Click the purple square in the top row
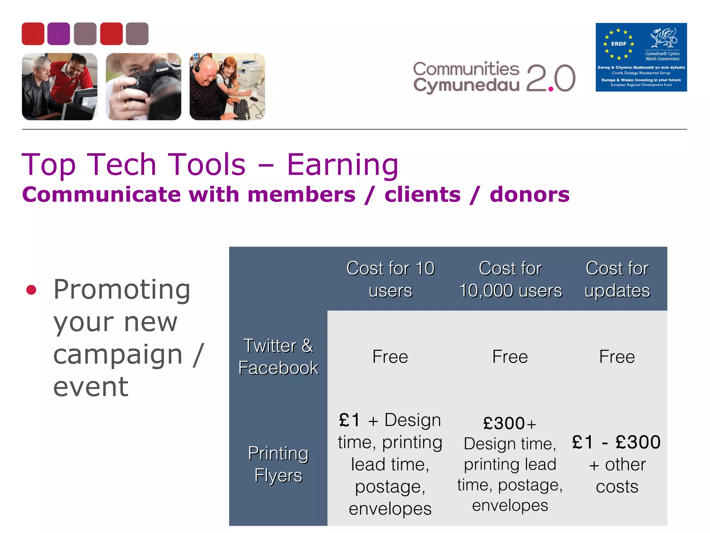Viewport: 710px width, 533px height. (59, 34)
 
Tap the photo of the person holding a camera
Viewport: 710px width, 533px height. (143, 86)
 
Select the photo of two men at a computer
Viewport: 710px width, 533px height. (60, 86)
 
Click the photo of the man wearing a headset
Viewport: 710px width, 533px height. (227, 86)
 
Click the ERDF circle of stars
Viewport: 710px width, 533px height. (618, 44)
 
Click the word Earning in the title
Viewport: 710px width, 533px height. (343, 165)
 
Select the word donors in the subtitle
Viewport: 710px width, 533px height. (529, 194)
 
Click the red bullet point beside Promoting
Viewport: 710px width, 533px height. (31, 290)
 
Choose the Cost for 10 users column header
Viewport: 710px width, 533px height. (390, 279)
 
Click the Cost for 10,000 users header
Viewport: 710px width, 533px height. (510, 279)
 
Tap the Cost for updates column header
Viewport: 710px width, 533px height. (617, 279)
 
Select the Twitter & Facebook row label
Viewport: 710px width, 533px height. (278, 356)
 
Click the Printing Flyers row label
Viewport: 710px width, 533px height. (278, 464)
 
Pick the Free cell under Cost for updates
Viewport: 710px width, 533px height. (617, 356)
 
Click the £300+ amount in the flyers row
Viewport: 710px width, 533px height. (509, 423)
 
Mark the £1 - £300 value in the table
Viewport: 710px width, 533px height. (616, 442)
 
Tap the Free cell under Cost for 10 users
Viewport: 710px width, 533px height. (390, 356)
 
